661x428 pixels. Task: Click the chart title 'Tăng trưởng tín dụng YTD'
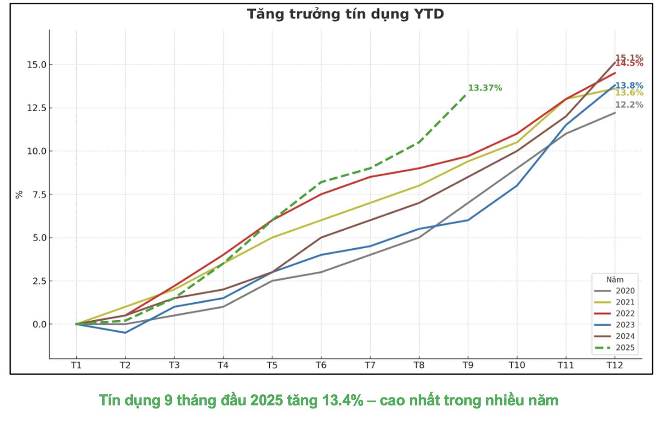345,14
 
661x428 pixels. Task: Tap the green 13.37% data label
485,88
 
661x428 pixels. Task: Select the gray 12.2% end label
629,105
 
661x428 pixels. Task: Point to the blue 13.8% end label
629,86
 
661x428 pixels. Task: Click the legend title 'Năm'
615,280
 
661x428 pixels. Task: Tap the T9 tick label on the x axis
468,366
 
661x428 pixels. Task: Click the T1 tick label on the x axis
76,366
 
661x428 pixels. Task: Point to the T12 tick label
614,366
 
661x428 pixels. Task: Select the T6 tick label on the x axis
321,366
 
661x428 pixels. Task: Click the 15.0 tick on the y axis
36,65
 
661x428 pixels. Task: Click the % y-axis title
19,195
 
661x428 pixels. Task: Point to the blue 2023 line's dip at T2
125,333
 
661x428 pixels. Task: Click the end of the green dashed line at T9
467,93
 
